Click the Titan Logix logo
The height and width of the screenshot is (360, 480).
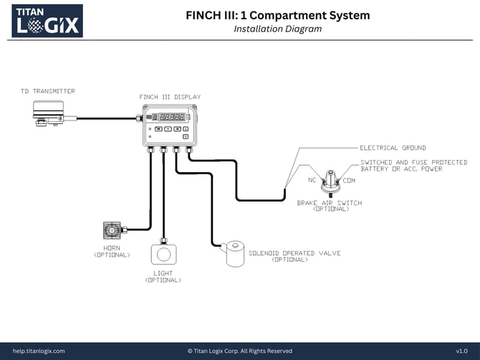click(x=47, y=20)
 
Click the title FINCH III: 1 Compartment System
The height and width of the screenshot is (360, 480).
click(x=278, y=15)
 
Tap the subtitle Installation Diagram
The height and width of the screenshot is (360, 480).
click(x=278, y=29)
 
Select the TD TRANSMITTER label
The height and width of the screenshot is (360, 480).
click(x=48, y=91)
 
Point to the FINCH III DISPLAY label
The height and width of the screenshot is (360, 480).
click(x=170, y=97)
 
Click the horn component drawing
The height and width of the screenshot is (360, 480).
click(x=113, y=230)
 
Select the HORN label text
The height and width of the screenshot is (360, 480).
click(x=112, y=248)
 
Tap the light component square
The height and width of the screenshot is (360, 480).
click(x=163, y=254)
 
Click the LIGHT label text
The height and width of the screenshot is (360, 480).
click(x=163, y=273)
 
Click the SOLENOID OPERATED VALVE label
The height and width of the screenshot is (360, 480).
click(x=294, y=253)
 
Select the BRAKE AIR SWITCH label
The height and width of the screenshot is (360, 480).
click(x=330, y=203)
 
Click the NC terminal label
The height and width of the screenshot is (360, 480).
click(x=312, y=180)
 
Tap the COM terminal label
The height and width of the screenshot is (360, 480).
click(x=349, y=180)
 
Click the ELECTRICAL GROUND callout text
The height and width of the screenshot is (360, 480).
click(x=393, y=148)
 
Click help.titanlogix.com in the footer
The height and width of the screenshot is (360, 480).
click(x=39, y=351)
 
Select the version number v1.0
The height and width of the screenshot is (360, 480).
click(x=461, y=351)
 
